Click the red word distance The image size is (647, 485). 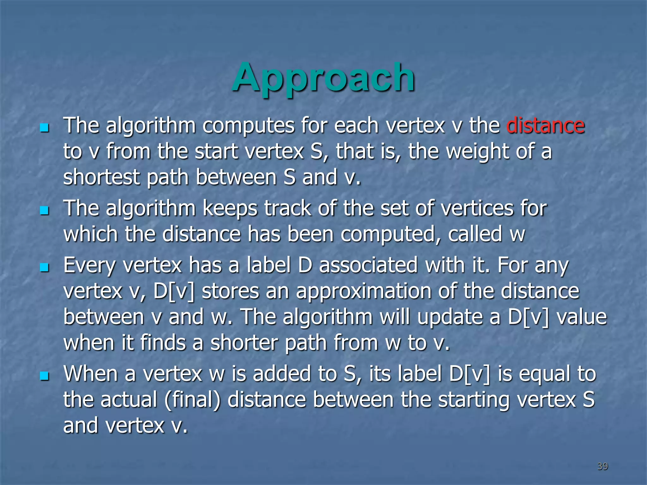(545, 126)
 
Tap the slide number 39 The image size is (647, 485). (602, 466)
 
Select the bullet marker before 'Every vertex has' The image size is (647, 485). (45, 268)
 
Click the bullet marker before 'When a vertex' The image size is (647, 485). (45, 376)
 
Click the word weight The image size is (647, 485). (477, 152)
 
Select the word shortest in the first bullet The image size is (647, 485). (101, 177)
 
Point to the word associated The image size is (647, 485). (368, 265)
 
